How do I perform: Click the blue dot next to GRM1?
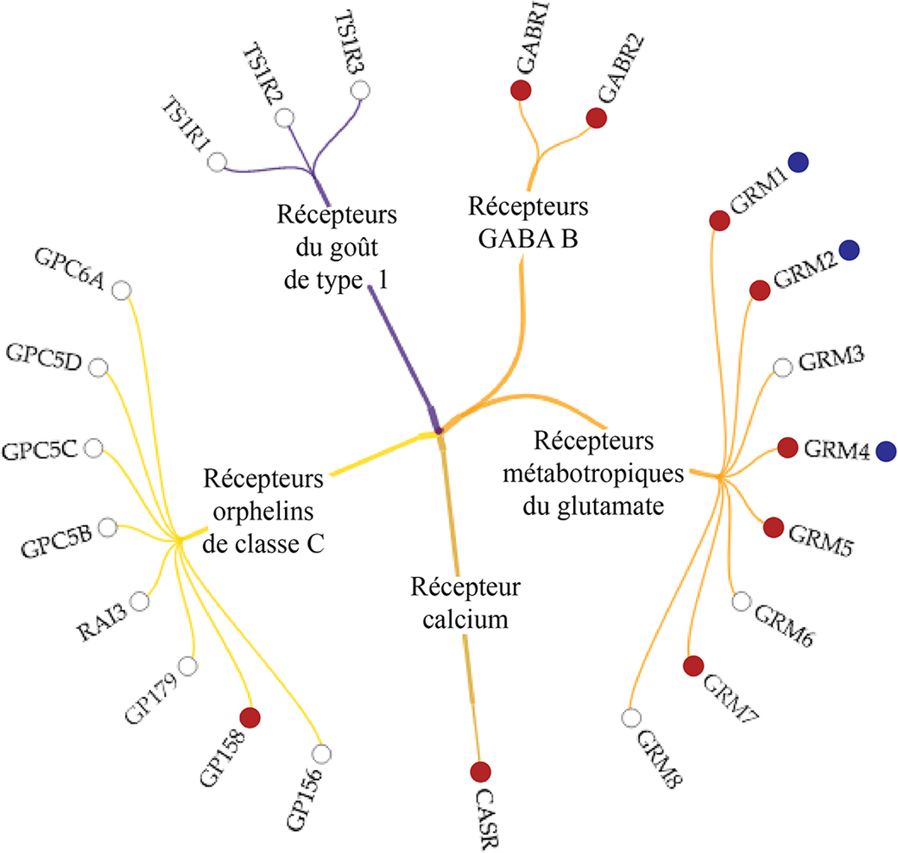(798, 162)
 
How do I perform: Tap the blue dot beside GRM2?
(849, 250)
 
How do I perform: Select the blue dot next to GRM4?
(886, 451)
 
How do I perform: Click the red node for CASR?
(480, 772)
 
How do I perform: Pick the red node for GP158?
(249, 718)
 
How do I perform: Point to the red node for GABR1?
(521, 90)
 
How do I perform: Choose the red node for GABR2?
(596, 118)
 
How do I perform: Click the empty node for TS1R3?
(360, 90)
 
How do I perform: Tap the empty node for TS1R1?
(217, 161)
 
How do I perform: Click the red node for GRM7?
(694, 665)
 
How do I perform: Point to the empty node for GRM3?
(782, 367)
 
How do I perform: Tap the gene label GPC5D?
(43, 358)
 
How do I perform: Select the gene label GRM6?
(784, 626)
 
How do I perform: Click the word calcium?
(465, 620)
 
